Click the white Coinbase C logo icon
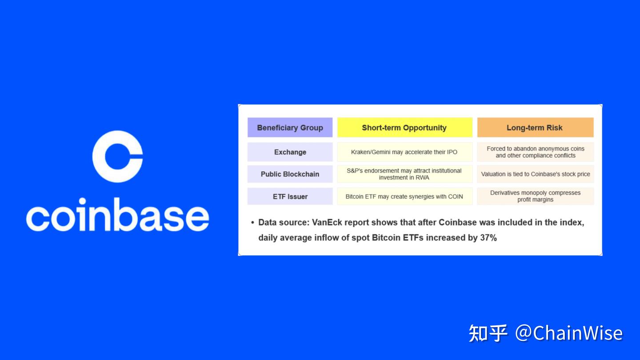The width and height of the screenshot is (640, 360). [x=117, y=156]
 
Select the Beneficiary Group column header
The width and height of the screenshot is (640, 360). [x=290, y=128]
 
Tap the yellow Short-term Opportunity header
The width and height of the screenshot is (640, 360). [x=404, y=128]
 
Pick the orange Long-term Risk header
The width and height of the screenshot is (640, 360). [x=535, y=128]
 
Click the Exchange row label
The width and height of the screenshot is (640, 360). [x=290, y=152]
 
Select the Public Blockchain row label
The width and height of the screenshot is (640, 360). [x=290, y=174]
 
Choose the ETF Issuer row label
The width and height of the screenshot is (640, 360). [x=290, y=196]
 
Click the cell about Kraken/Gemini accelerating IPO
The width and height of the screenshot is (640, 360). [x=404, y=152]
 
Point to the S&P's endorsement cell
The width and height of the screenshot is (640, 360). [x=404, y=174]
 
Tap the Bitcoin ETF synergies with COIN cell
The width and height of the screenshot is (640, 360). [x=404, y=196]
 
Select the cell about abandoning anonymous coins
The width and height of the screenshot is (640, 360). [x=535, y=152]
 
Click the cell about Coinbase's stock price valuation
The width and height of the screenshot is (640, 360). [x=535, y=174]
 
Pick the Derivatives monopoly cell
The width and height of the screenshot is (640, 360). [x=535, y=196]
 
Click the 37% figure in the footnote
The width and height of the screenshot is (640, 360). [x=488, y=238]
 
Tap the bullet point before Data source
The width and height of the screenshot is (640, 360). [x=252, y=223]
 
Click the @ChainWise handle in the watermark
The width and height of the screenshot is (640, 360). [x=569, y=333]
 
